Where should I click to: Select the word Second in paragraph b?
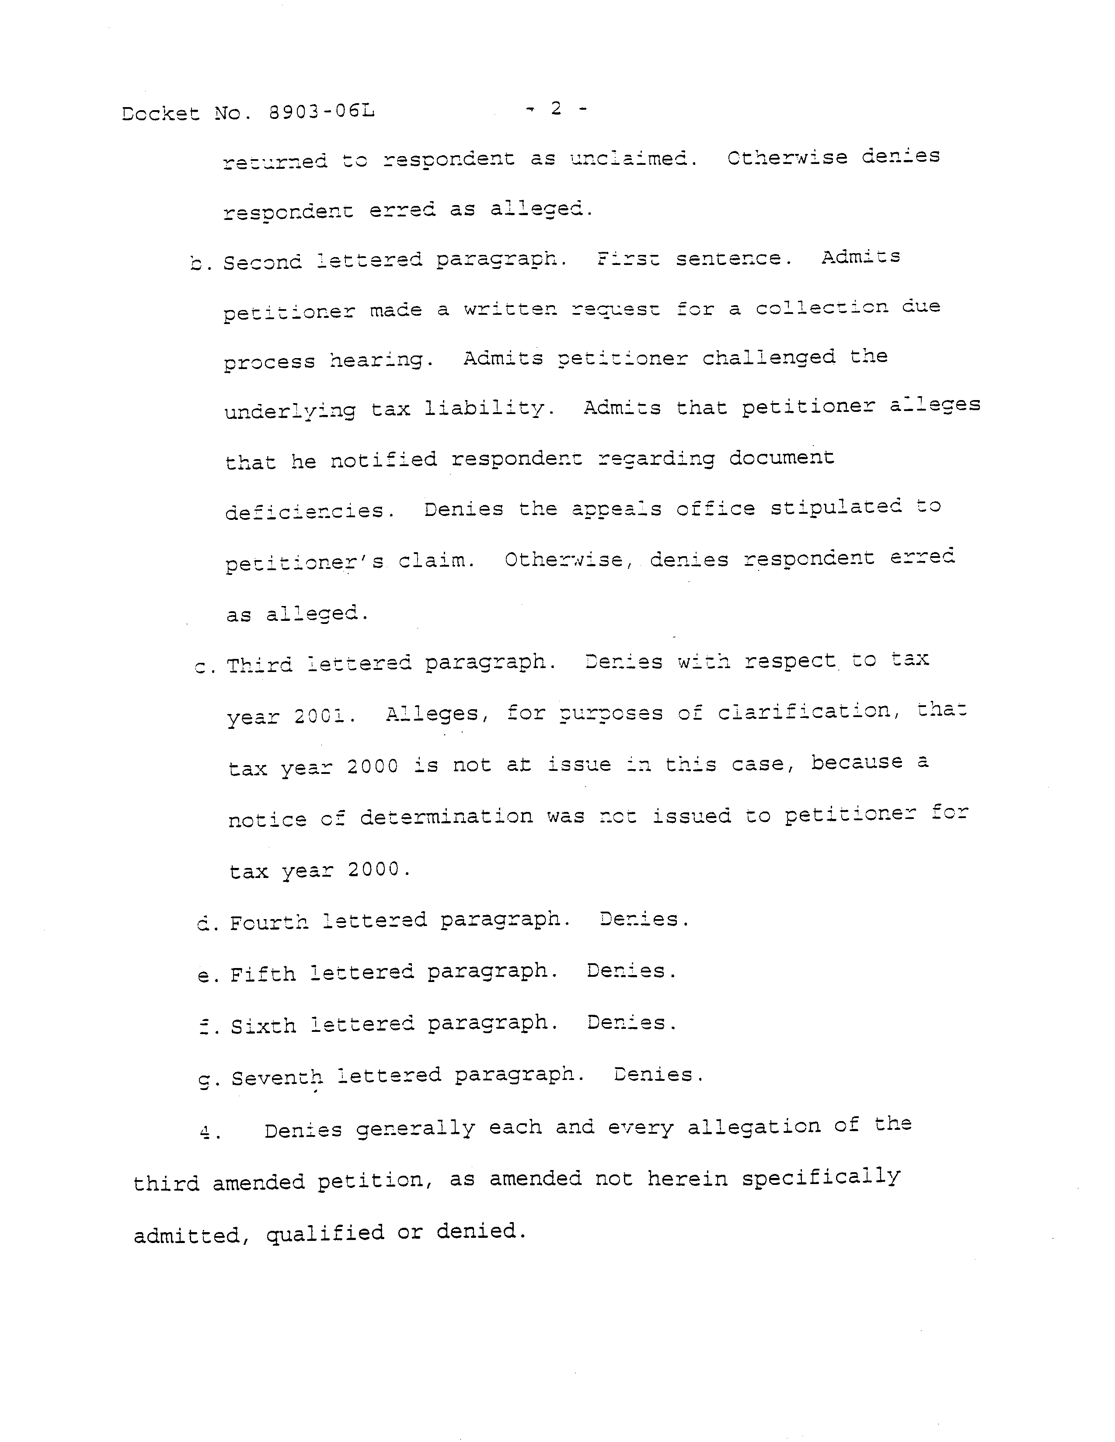click(x=262, y=262)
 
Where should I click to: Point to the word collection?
click(x=822, y=308)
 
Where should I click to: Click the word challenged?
click(x=768, y=357)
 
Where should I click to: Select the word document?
click(x=782, y=457)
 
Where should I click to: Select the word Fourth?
click(x=268, y=922)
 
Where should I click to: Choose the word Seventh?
click(x=277, y=1077)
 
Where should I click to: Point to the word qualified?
click(x=325, y=1233)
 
